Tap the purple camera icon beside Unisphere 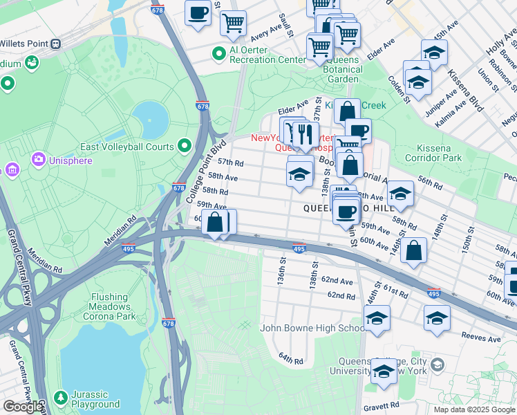coord(39,160)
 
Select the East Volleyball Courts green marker coord(184,145)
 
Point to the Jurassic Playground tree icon coord(61,398)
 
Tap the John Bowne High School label coord(312,328)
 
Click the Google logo coord(23,407)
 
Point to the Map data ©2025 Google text coord(474,409)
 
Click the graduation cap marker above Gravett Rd coord(384,371)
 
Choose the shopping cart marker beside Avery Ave coord(233,23)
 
